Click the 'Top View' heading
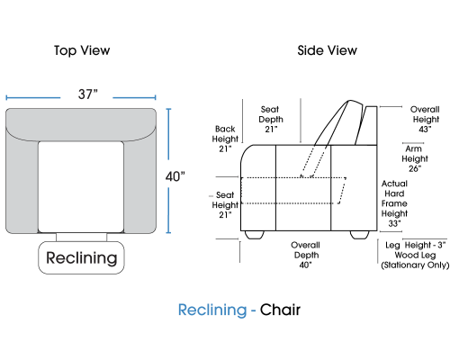(x=82, y=50)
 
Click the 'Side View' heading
(x=327, y=50)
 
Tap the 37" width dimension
(x=88, y=94)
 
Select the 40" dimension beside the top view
(x=175, y=176)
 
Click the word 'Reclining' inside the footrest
(x=81, y=257)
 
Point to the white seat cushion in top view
(x=81, y=187)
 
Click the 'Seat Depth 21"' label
(x=271, y=119)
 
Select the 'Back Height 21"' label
(x=225, y=139)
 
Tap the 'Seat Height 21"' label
(x=225, y=205)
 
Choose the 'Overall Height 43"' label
(x=425, y=119)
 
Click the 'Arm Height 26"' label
(x=415, y=158)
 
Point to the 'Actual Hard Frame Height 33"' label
(x=394, y=203)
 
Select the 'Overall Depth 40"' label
(x=305, y=255)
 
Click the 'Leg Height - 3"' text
(x=416, y=245)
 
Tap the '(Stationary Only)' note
(x=415, y=265)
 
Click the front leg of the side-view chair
(x=255, y=235)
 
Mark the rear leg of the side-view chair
(x=360, y=235)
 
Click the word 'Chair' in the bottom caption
(x=280, y=310)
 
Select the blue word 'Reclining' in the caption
(x=212, y=310)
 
